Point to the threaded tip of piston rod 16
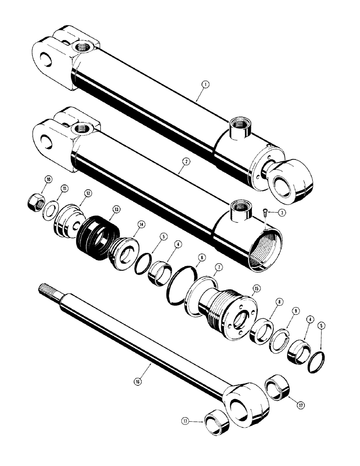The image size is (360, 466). (x=43, y=292)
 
